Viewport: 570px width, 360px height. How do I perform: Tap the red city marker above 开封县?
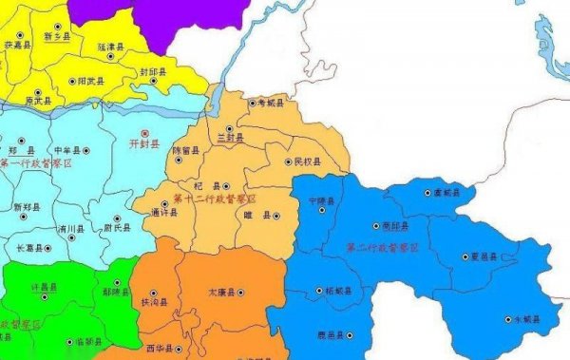144,134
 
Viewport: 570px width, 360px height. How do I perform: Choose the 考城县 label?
272,103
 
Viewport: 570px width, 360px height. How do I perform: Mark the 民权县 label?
307,161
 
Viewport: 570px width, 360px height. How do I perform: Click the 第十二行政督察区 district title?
215,200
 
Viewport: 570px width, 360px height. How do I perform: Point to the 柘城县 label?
339,290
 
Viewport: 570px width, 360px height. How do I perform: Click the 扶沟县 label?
154,301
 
